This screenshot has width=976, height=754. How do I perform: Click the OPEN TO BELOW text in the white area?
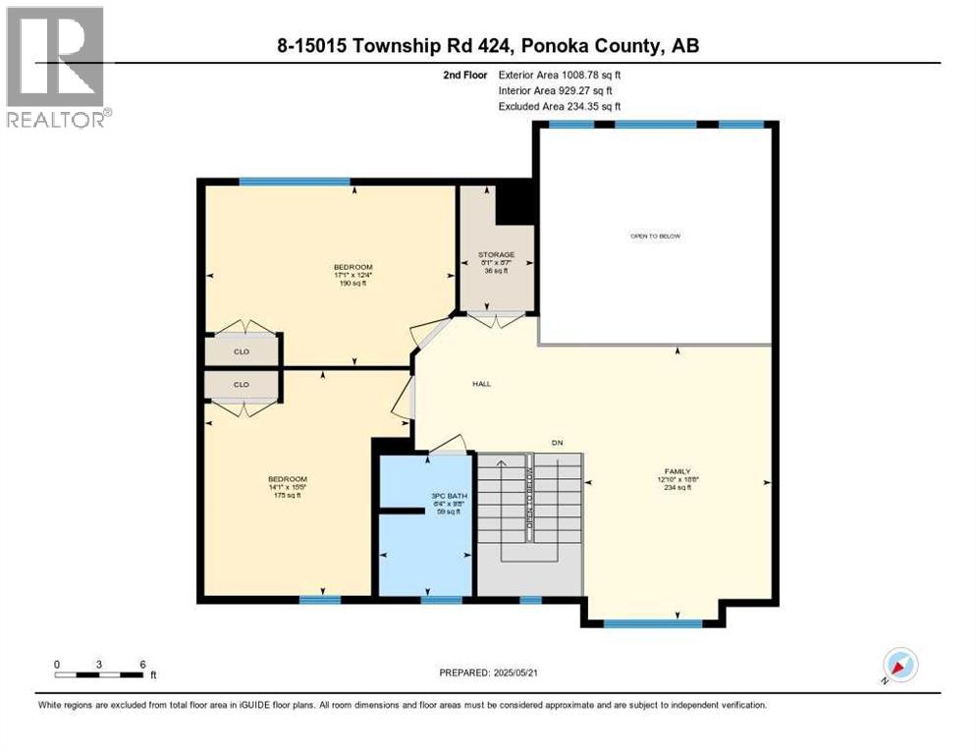pyautogui.click(x=655, y=237)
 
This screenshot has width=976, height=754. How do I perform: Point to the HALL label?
pyautogui.click(x=481, y=384)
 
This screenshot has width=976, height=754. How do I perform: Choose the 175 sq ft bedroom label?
pyautogui.click(x=287, y=486)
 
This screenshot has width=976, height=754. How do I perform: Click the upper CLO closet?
pyautogui.click(x=241, y=350)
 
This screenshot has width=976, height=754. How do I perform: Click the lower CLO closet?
pyautogui.click(x=241, y=385)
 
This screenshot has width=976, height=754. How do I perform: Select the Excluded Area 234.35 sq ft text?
pyautogui.click(x=560, y=106)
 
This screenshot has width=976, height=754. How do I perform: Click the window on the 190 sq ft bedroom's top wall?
pyautogui.click(x=295, y=182)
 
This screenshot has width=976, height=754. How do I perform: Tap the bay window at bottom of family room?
pyautogui.click(x=652, y=622)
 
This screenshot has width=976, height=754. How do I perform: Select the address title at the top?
pyautogui.click(x=488, y=45)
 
